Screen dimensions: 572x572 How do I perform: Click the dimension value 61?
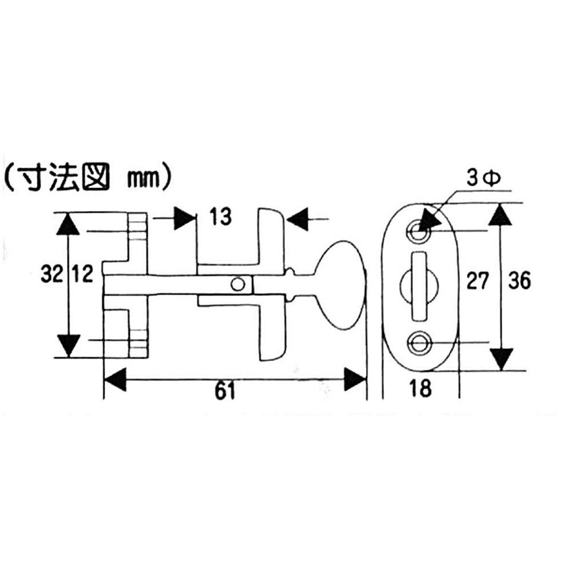coord(225,391)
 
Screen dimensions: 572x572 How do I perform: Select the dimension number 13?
coord(220,217)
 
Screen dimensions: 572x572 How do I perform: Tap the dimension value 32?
coord(52,274)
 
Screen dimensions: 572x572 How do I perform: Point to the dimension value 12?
coord(82,274)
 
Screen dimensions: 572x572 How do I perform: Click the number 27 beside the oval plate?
coord(478,281)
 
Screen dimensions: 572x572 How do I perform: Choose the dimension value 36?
coord(519,281)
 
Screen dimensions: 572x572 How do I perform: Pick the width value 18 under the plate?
coord(420,388)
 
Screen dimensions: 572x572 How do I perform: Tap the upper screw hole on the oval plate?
coord(418,231)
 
